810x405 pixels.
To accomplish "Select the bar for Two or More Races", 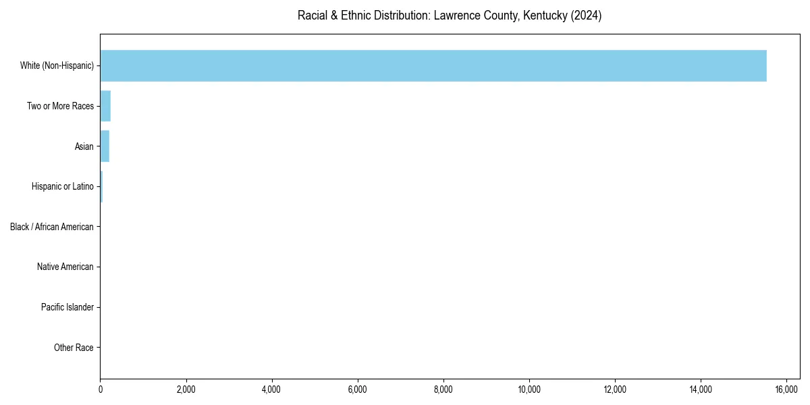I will tap(105, 106).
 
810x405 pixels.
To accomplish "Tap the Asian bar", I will tap(105, 146).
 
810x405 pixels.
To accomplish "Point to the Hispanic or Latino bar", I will tap(101, 186).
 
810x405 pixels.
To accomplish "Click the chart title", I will tap(450, 16).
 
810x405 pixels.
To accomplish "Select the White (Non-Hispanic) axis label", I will tap(57, 65).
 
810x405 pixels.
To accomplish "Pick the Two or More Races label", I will tap(60, 106).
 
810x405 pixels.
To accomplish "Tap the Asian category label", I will tap(84, 146).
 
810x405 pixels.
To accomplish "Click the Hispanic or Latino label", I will tap(63, 186).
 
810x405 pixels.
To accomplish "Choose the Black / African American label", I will tap(52, 227).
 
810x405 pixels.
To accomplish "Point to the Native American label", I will tap(65, 267).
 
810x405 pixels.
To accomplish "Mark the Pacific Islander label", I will tap(67, 308).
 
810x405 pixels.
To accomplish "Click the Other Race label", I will tap(74, 348).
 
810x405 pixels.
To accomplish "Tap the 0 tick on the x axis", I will tap(101, 389).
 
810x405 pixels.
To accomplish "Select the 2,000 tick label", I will tap(186, 389).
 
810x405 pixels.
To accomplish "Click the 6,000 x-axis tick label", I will tap(357, 389).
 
